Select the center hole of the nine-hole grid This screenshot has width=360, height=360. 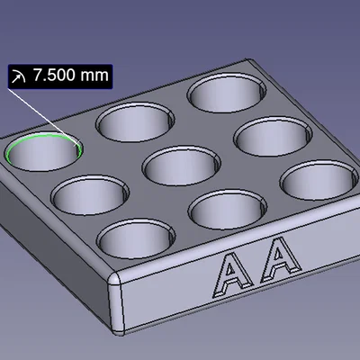point(181,166)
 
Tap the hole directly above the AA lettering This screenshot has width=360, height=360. point(227,209)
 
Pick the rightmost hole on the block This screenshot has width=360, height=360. point(317,180)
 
